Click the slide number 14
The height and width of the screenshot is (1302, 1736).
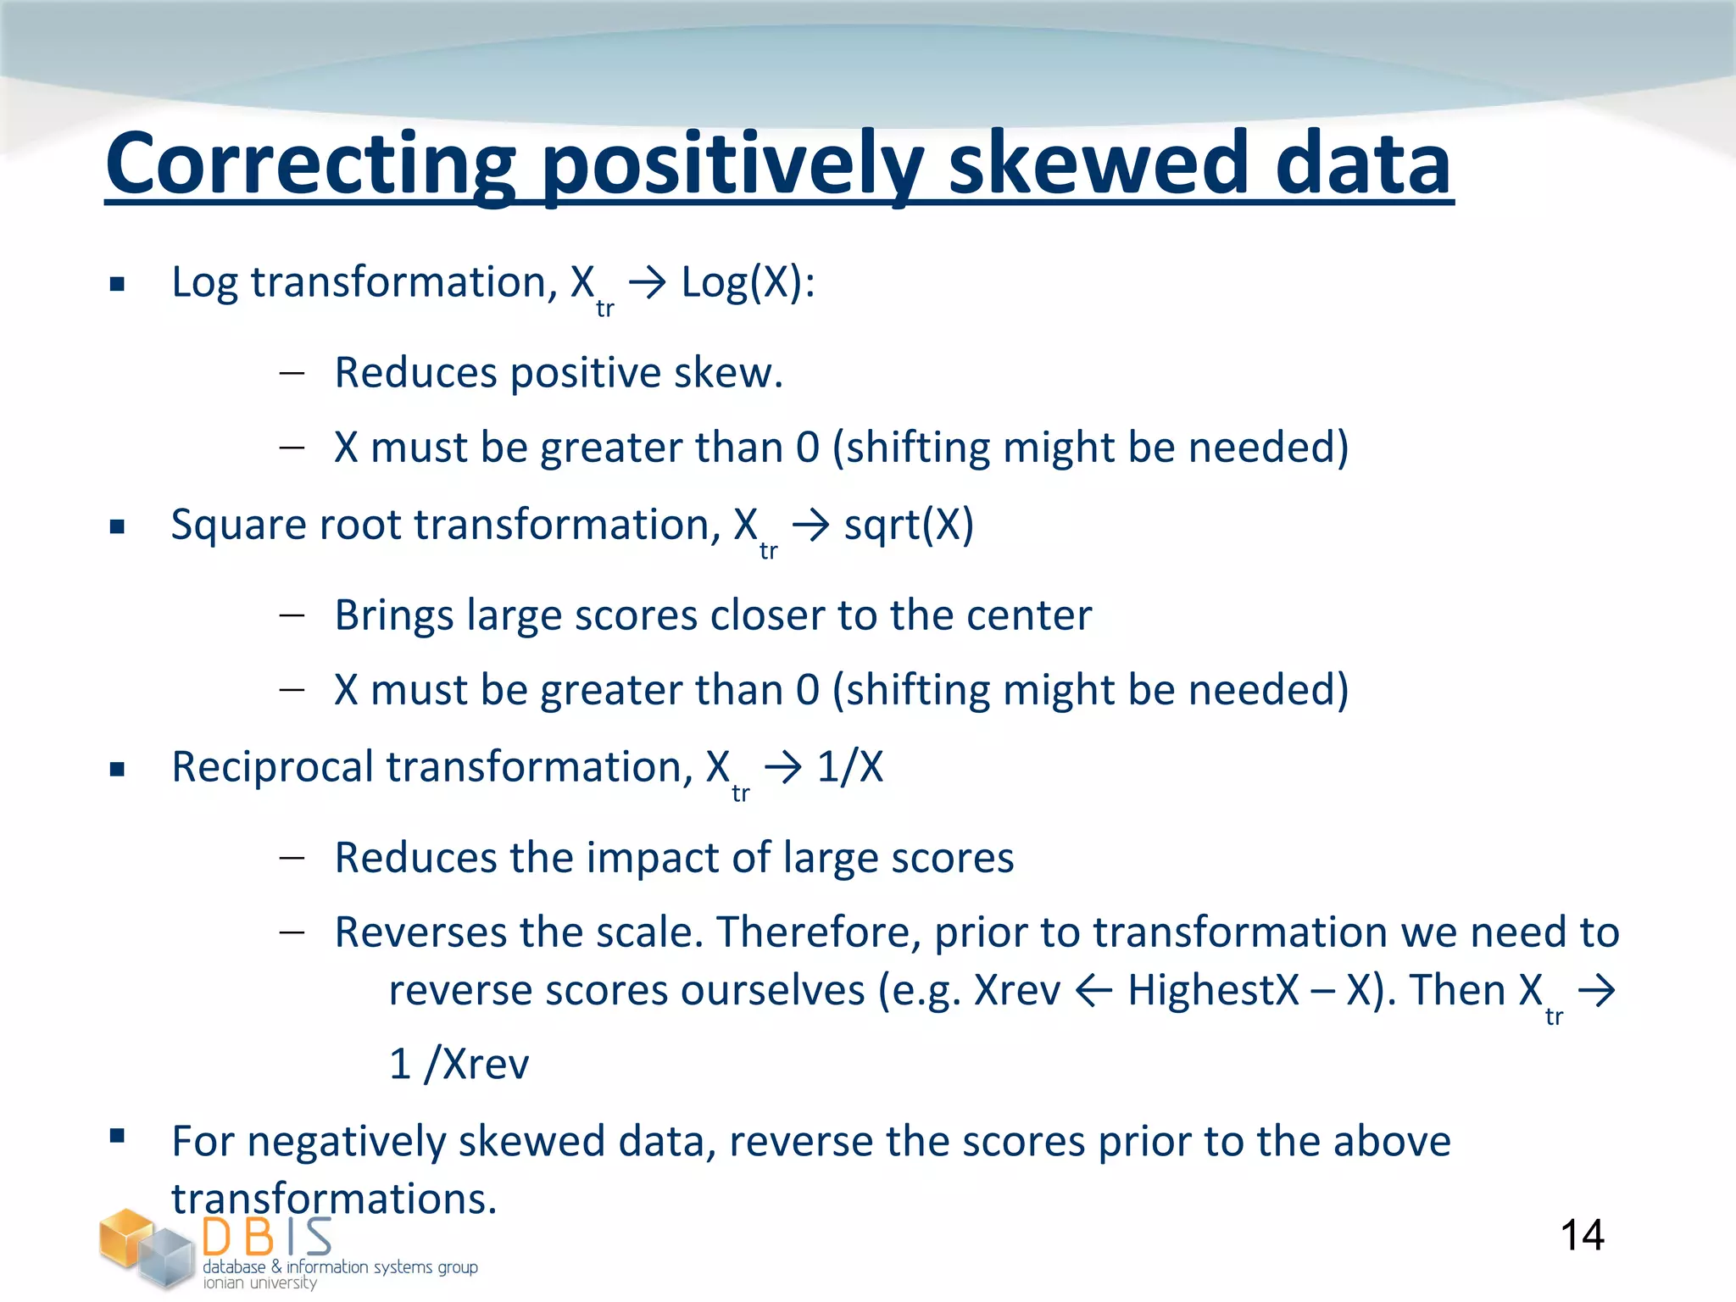[1582, 1235]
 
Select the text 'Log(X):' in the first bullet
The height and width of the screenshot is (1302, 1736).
[748, 282]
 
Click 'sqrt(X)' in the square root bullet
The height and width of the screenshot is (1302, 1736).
[909, 525]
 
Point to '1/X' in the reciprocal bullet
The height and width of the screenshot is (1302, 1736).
[850, 767]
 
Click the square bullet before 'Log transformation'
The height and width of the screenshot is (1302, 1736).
[118, 284]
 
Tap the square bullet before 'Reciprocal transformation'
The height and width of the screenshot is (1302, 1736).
[118, 770]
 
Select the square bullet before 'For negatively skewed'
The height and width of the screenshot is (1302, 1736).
[118, 1136]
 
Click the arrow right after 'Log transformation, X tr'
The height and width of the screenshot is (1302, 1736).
[648, 283]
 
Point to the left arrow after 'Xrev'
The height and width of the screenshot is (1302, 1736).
[1093, 991]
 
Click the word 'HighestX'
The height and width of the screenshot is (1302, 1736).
[1213, 990]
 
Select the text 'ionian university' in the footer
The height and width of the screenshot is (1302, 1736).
[259, 1283]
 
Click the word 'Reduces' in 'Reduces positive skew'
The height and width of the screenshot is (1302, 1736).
[415, 373]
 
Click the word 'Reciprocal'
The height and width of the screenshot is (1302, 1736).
[271, 767]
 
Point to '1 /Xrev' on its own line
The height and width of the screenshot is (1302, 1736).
[459, 1064]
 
